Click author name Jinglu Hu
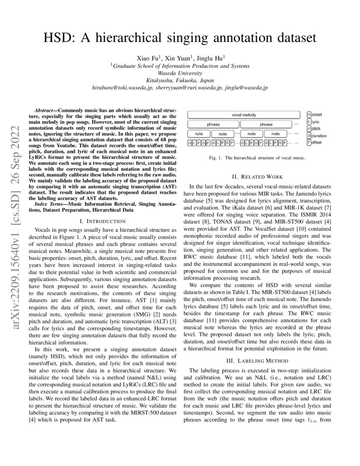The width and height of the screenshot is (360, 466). tap(211, 58)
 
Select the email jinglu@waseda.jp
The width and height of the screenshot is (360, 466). tap(247, 87)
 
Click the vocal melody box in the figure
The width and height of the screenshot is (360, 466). tap(244, 115)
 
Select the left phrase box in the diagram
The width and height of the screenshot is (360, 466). tap(213, 124)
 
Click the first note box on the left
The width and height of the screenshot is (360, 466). tap(199, 133)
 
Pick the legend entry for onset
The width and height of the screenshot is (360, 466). tap(314, 115)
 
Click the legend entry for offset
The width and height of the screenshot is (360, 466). tap(314, 142)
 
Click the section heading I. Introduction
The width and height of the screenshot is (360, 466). tap(102, 221)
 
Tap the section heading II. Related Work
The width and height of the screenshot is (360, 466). tap(257, 177)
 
